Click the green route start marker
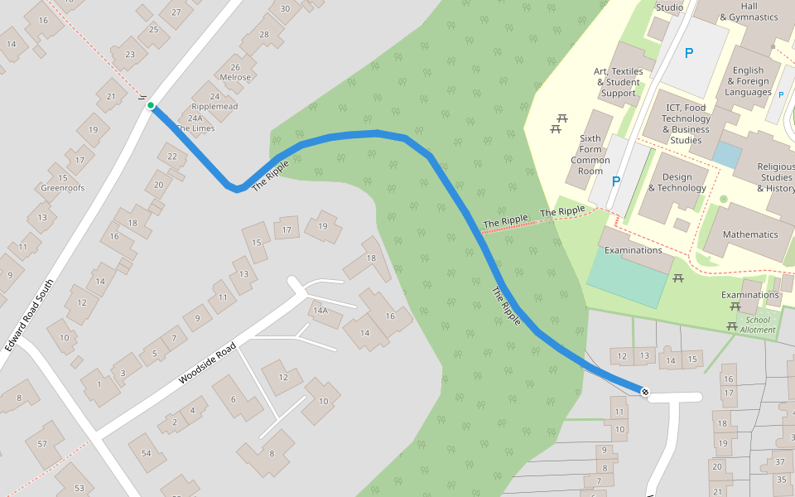pos(150,105)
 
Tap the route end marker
pos(644,391)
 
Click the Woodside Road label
pos(207,363)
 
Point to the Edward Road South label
pos(30,315)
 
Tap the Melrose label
pos(235,78)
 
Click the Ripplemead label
pos(214,107)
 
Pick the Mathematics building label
pos(750,234)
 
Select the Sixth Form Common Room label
pos(590,155)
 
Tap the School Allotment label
pos(758,325)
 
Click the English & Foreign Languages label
pos(748,81)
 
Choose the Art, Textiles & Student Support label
pos(619,82)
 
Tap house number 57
pos(42,443)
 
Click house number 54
pos(147,453)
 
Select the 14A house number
pos(320,311)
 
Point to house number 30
pos(285,9)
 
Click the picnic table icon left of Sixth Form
pos(557,124)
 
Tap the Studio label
pos(669,7)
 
